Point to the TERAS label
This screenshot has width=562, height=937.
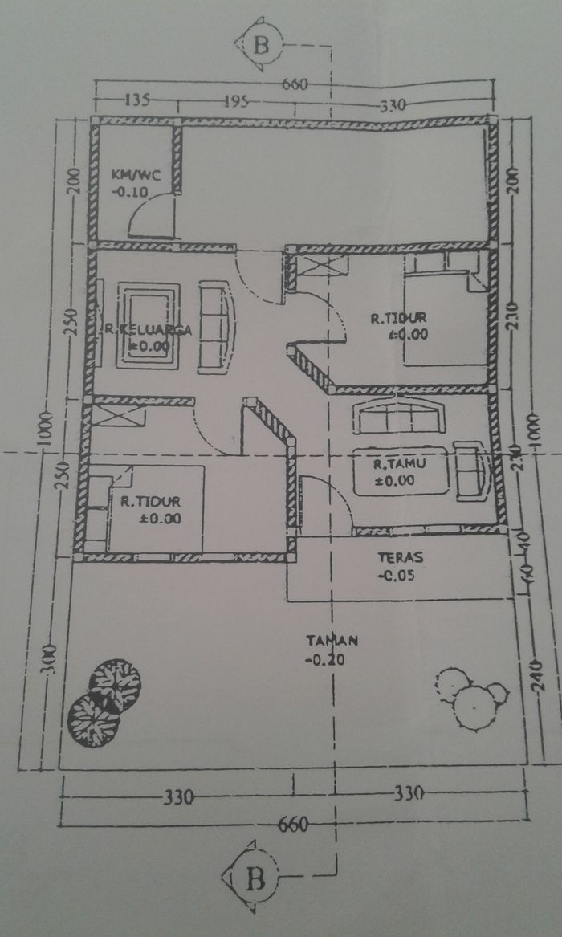click(400, 557)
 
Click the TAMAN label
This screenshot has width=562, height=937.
click(331, 641)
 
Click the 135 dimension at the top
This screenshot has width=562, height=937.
click(137, 100)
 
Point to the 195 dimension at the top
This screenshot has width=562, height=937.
click(234, 103)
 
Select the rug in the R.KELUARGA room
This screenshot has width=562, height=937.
click(148, 325)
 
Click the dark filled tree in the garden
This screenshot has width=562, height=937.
click(105, 701)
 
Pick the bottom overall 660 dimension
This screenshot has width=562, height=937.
click(294, 825)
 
